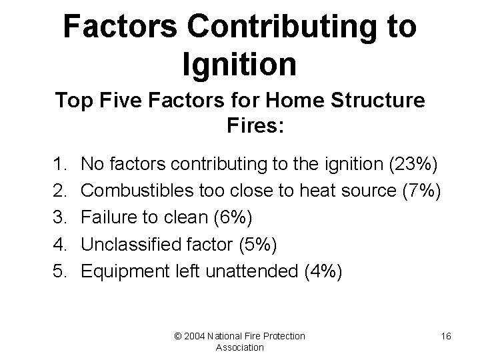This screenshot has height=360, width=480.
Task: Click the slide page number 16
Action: point(446,336)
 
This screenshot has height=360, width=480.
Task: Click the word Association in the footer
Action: point(240,347)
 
